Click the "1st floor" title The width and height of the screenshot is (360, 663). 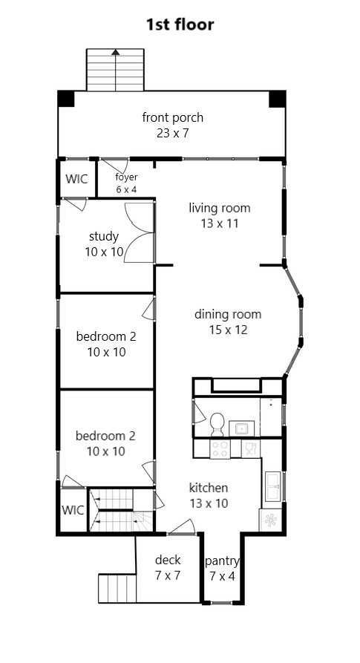[x=180, y=25]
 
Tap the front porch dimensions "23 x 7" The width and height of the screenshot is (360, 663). [x=172, y=133]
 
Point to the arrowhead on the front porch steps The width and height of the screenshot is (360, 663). [x=115, y=52]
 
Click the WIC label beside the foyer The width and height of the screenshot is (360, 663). [x=76, y=178]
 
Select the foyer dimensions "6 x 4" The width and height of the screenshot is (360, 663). [x=127, y=189]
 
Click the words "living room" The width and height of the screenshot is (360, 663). [x=219, y=208]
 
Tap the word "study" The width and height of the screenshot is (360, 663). [x=104, y=236]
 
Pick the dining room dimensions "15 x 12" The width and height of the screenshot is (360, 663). [x=228, y=330]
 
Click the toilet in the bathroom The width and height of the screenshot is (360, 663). [x=217, y=424]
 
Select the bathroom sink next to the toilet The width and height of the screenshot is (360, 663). [x=241, y=428]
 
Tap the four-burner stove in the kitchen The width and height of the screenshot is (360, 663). [x=220, y=448]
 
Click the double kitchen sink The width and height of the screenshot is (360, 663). [x=272, y=486]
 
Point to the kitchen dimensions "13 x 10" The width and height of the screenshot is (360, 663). [x=209, y=503]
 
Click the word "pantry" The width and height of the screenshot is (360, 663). [x=222, y=561]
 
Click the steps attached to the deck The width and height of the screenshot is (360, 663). [x=117, y=588]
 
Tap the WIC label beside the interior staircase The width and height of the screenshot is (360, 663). [x=73, y=510]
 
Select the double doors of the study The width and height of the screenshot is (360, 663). [x=140, y=232]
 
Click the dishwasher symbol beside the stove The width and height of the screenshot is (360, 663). [x=251, y=448]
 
